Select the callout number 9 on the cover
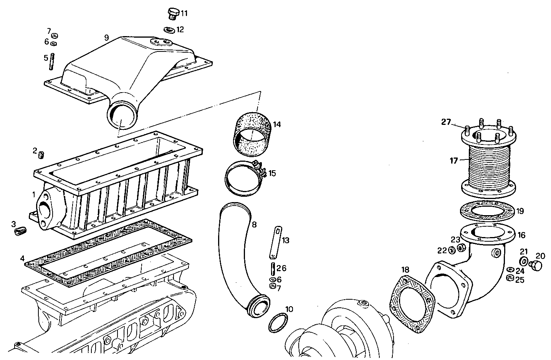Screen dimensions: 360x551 tap(107, 38)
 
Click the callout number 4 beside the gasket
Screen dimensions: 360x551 tap(22, 258)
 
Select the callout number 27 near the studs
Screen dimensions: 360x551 tap(445, 122)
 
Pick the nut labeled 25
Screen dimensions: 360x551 tap(511, 278)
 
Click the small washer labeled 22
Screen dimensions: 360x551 tap(452, 251)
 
